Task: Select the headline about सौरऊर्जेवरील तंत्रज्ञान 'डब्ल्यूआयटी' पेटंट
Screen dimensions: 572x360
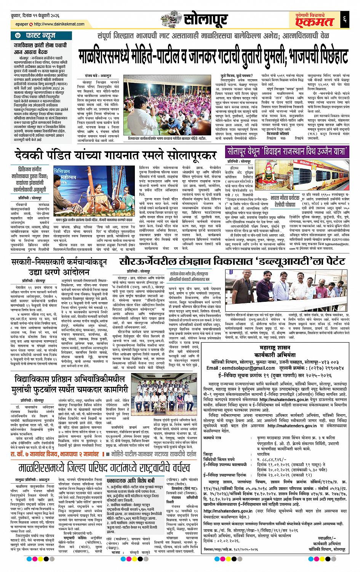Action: [232, 262]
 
